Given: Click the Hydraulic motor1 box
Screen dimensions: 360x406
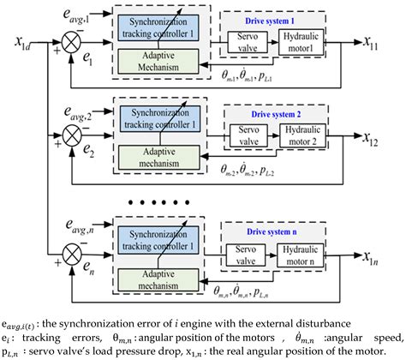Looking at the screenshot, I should pos(307,42).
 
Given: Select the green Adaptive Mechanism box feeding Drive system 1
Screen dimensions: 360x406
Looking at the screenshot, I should pos(163,58).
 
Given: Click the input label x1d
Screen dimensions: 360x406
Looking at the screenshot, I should pos(21,42).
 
